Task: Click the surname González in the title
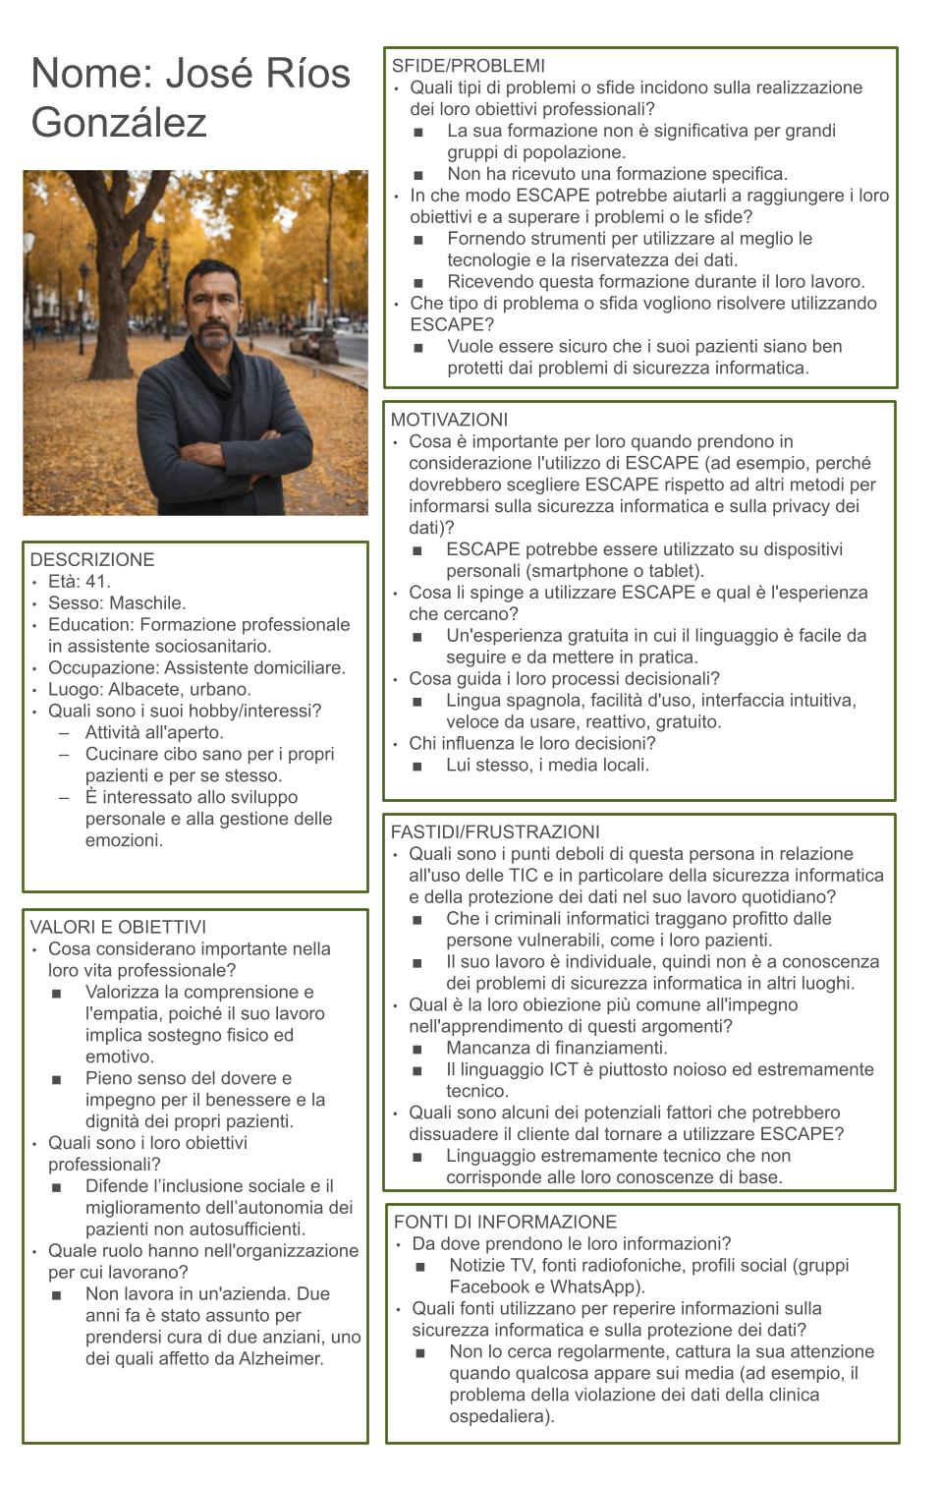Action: click(x=119, y=123)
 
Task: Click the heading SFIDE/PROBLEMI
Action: click(x=468, y=66)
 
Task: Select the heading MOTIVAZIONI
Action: click(x=449, y=420)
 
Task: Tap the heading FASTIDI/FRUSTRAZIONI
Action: click(x=495, y=832)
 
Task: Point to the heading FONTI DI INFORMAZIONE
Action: click(x=505, y=1222)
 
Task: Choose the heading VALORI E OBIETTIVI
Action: click(x=118, y=927)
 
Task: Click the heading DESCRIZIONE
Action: click(x=92, y=559)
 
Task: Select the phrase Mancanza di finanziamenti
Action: click(x=556, y=1048)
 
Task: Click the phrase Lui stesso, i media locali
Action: click(x=547, y=765)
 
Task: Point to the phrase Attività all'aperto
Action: click(x=154, y=732)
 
